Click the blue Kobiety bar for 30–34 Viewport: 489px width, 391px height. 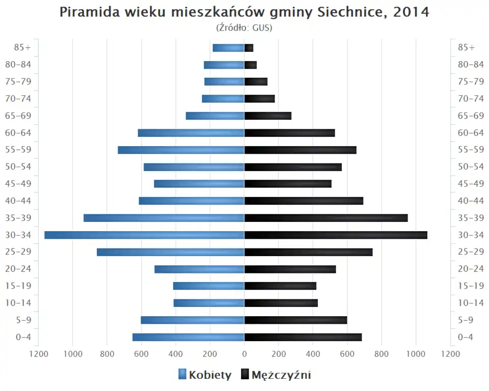tap(144, 235)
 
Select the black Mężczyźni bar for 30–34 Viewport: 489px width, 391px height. tap(336, 235)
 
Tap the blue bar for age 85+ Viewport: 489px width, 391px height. tap(228, 48)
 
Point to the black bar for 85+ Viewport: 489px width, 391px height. tap(249, 48)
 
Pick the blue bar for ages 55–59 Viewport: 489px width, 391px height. tap(181, 150)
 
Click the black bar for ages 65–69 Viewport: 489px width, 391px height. tap(268, 116)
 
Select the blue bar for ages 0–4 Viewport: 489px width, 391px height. tap(188, 337)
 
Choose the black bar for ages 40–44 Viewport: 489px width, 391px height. tap(304, 201)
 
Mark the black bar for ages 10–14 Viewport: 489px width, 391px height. tap(281, 303)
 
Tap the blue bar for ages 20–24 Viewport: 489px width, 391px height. tap(199, 269)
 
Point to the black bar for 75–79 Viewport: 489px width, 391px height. tap(256, 82)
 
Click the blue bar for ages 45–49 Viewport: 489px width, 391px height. tap(199, 184)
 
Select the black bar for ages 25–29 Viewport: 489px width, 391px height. tap(308, 252)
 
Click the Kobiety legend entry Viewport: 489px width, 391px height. tap(205, 375)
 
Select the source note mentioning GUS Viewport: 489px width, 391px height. tap(244, 27)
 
